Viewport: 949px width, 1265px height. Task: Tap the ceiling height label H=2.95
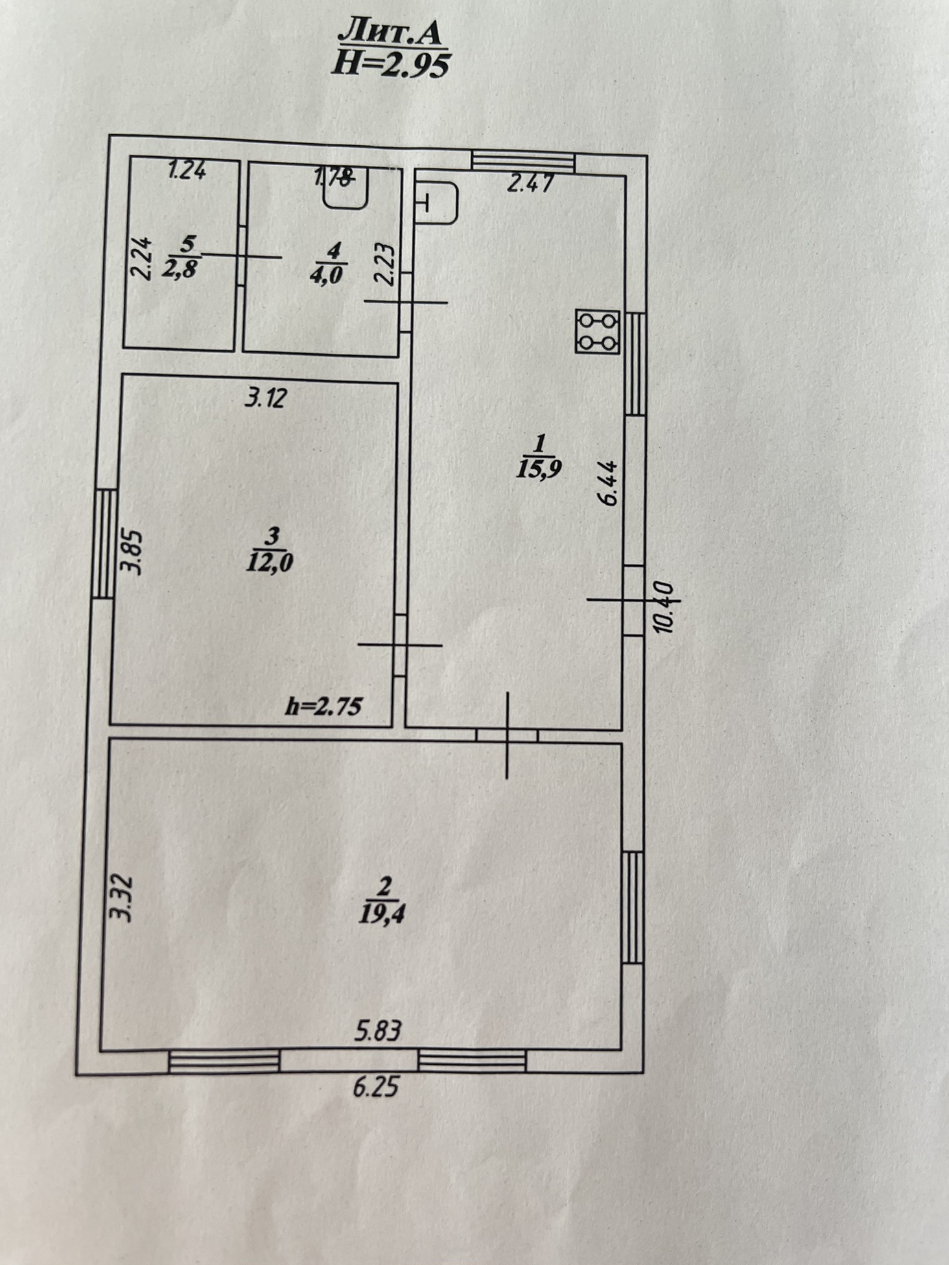coord(390,65)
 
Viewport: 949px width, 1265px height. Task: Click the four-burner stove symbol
coord(597,331)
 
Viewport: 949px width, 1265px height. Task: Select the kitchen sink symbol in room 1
coord(436,202)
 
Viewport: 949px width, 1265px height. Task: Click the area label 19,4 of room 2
coord(385,914)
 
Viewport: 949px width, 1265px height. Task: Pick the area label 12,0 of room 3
coord(270,561)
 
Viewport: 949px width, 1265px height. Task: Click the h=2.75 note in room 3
coord(323,706)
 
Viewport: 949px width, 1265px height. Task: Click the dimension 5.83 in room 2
coord(378,1030)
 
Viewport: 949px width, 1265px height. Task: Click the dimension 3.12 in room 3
coord(264,397)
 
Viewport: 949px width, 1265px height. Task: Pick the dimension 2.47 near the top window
coord(530,184)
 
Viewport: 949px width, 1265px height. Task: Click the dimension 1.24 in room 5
coord(187,171)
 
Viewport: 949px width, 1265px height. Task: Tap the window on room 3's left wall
coord(103,543)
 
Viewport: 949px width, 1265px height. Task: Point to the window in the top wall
coord(522,161)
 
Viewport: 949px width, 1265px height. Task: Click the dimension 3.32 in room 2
coord(121,898)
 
